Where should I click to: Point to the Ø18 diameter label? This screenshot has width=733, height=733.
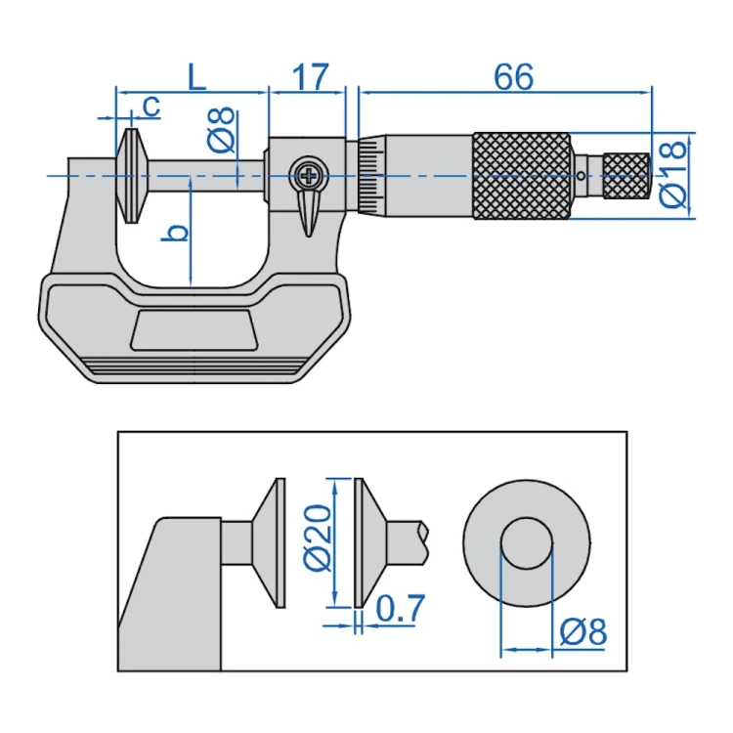tap(673, 175)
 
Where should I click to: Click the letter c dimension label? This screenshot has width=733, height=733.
tap(151, 107)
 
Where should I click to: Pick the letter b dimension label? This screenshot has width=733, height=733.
tap(174, 233)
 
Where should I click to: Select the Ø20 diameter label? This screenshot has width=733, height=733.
tap(318, 538)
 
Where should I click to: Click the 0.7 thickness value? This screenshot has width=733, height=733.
tap(401, 608)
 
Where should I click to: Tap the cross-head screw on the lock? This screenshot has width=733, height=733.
tap(309, 176)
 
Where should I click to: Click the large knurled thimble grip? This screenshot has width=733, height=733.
tap(522, 176)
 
